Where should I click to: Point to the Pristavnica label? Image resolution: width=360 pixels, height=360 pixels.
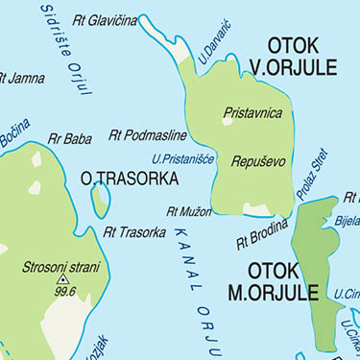point(252,113)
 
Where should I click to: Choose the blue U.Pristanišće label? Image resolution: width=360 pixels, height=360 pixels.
point(182,158)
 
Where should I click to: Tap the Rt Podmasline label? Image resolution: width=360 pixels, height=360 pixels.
point(148,136)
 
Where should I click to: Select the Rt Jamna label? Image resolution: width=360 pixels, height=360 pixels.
point(21,78)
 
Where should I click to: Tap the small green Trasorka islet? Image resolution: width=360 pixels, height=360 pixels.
point(100,200)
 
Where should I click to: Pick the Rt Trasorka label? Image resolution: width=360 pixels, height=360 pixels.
point(133,231)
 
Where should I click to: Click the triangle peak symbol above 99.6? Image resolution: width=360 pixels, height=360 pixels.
point(64,280)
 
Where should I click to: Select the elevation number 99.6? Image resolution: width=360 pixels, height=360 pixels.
point(65,291)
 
